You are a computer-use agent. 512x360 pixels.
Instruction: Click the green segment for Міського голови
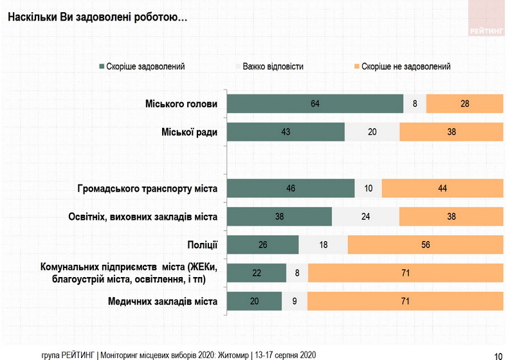click(315, 104)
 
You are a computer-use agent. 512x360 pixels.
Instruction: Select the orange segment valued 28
click(464, 104)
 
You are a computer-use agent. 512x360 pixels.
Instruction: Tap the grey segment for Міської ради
click(372, 132)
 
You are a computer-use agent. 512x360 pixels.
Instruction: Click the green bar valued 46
click(291, 188)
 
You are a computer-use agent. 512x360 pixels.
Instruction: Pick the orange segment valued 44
click(442, 188)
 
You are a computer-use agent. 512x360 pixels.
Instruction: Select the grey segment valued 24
click(365, 217)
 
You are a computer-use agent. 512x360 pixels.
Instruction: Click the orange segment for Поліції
click(425, 245)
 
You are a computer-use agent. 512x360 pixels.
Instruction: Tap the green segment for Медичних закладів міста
click(255, 301)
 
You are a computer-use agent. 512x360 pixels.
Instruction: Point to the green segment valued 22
click(257, 273)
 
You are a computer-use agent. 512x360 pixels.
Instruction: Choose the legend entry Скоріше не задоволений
click(405, 66)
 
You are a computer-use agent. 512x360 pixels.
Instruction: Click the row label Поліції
click(202, 245)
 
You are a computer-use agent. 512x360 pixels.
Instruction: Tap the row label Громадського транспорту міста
click(147, 188)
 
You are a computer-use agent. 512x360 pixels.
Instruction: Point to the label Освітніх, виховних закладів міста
click(143, 217)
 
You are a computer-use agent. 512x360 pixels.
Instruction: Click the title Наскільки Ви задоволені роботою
click(97, 17)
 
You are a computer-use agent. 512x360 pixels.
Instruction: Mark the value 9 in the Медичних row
click(294, 301)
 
